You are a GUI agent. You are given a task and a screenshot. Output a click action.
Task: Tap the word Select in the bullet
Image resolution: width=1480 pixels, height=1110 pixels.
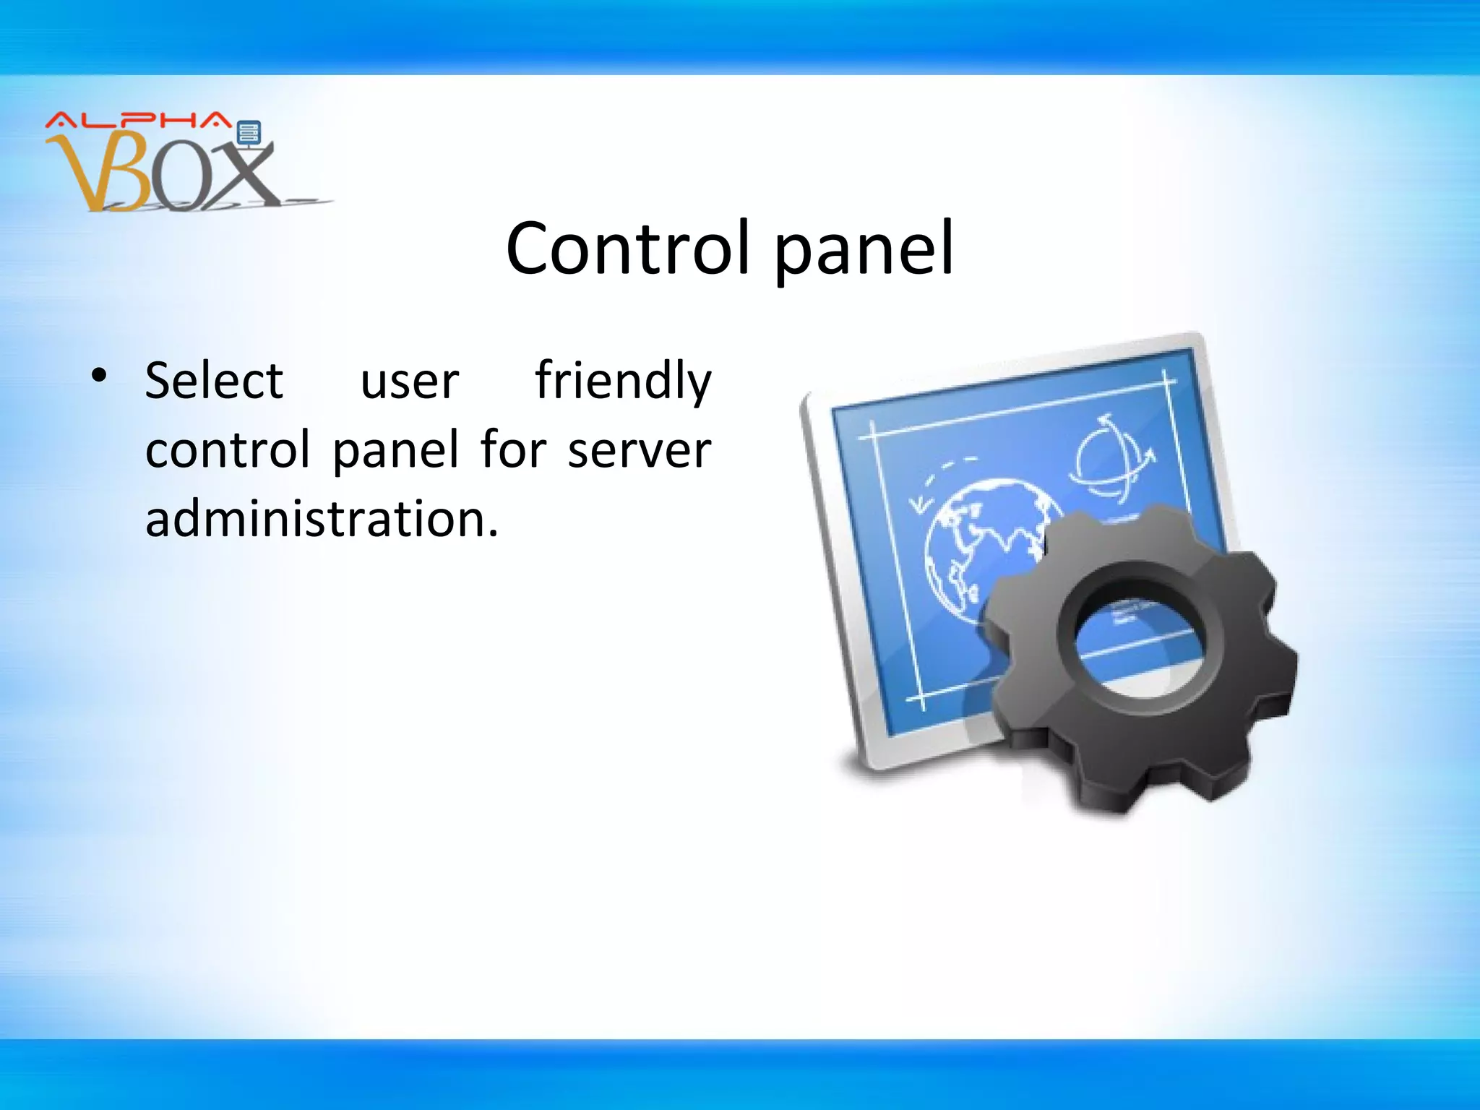(214, 381)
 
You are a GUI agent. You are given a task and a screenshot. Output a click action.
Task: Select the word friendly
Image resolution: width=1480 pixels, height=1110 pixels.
(623, 381)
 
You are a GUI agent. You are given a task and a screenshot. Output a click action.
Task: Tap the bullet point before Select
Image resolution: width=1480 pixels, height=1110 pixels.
(99, 375)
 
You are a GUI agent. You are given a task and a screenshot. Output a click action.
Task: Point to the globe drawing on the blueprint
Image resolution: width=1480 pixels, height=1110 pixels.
(983, 549)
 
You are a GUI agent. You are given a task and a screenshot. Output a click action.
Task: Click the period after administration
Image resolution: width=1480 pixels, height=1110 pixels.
(493, 534)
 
